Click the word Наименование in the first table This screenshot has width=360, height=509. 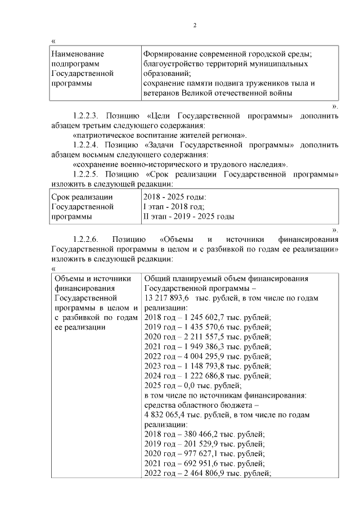[78, 54]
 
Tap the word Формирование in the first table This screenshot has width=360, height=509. [172, 54]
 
